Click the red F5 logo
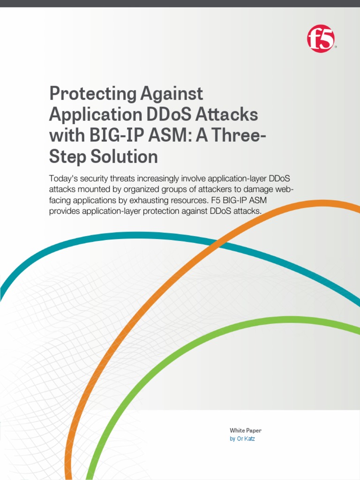tap(321, 39)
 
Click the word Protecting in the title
tap(92, 94)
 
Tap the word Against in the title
tap(172, 93)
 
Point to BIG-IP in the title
tap(116, 135)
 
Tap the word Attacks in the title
tap(226, 114)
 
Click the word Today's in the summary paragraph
tap(63, 179)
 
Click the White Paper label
tap(246, 430)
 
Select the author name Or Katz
tap(246, 439)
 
